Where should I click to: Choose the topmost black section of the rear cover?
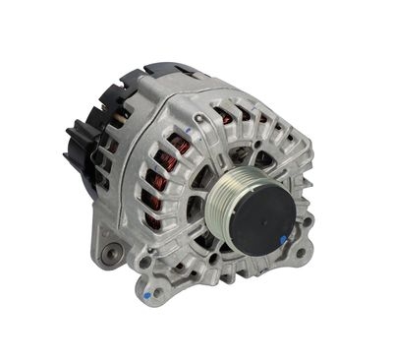(162, 72)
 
